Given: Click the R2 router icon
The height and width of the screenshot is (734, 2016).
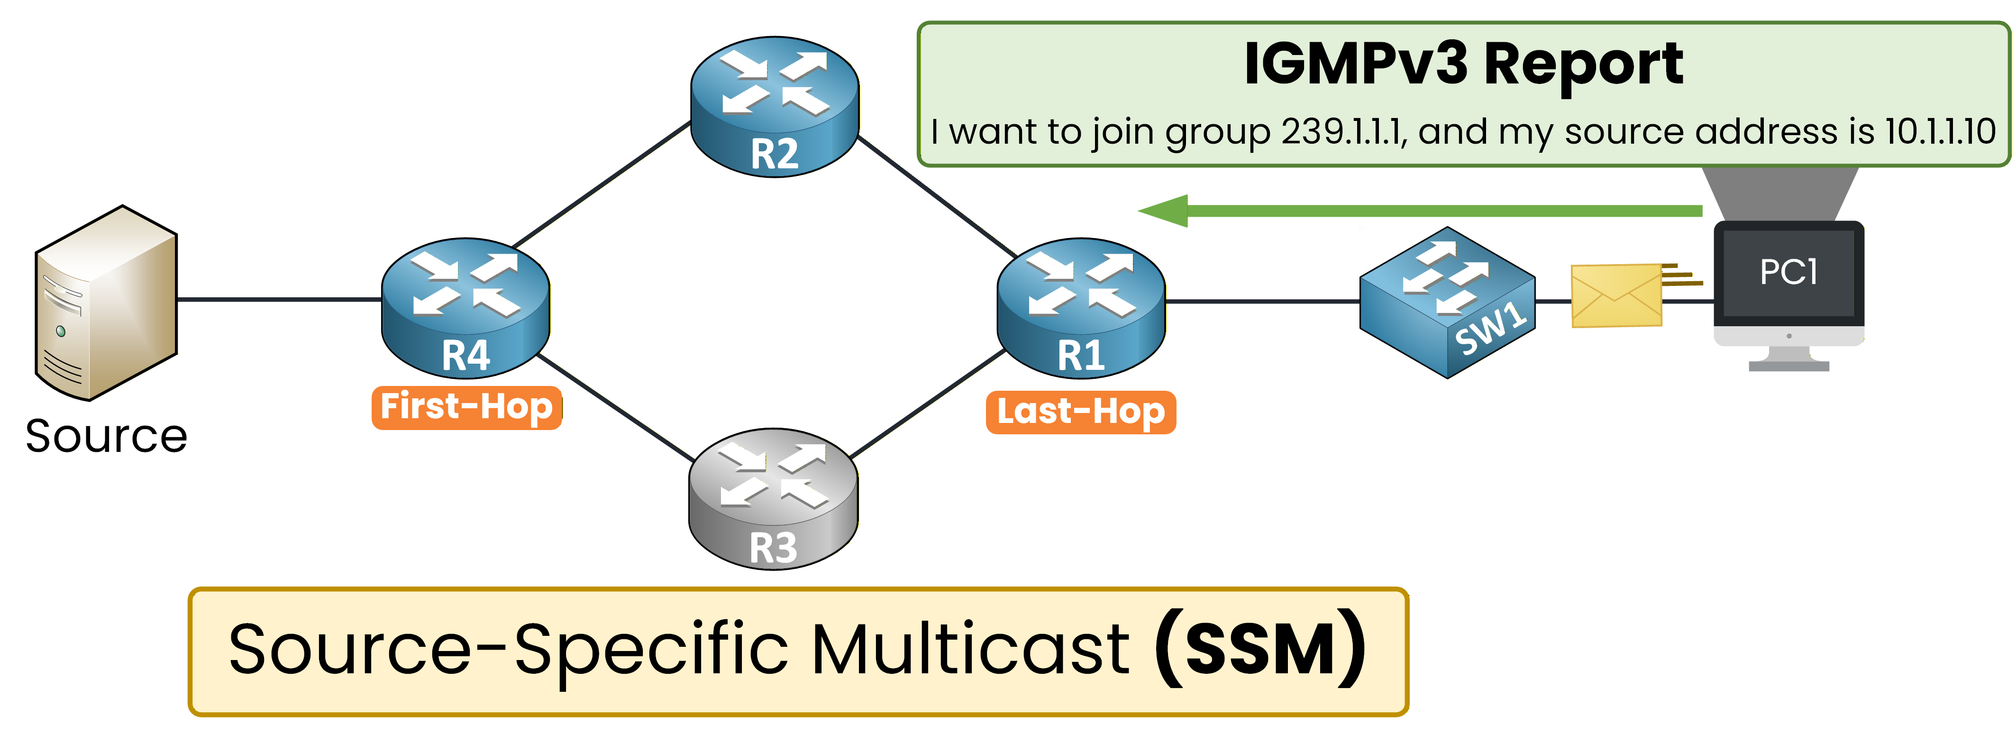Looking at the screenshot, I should (x=774, y=106).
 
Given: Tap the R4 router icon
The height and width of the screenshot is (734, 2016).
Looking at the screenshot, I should (x=465, y=308).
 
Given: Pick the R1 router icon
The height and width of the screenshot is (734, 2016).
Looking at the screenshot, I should (x=1081, y=308).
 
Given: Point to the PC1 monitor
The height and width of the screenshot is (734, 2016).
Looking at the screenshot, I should (x=1788, y=282).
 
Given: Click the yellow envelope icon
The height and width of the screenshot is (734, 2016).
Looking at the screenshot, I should (x=1616, y=296).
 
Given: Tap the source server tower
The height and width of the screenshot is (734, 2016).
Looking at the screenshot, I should (x=107, y=303).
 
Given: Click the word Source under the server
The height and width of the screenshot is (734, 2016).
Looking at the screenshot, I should (x=107, y=436).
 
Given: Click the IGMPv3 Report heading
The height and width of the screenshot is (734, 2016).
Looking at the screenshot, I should (x=1463, y=64).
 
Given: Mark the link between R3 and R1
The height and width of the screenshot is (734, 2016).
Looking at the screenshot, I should (x=927, y=404).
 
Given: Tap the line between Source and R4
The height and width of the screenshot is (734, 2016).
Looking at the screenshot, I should (x=279, y=299).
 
